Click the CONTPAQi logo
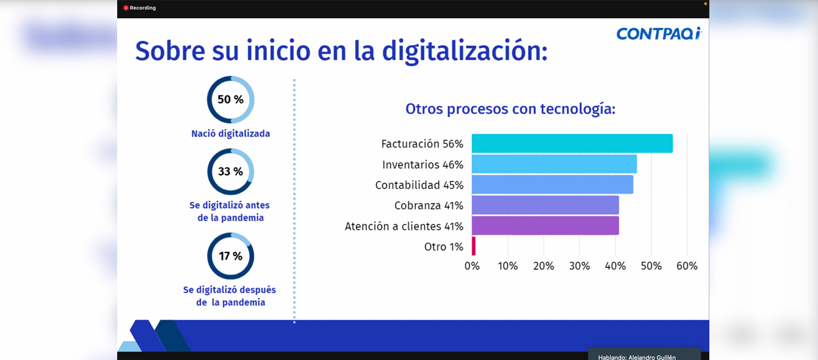pos(659,33)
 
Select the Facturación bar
pos(572,143)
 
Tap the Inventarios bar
pos(554,164)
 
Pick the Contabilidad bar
pos(552,185)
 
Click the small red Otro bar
pos(474,246)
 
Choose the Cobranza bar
pos(545,205)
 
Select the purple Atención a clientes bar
pos(545,226)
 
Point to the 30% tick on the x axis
pos(580,266)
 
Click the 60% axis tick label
pos(687,266)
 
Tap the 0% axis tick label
pos(472,266)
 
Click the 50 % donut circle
pos(209,99)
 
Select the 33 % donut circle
pos(209,171)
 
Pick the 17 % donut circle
pos(209,256)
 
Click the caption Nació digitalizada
pos(230,134)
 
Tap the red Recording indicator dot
pos(126,8)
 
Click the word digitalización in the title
pos(465,52)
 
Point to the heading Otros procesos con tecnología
pos(510,109)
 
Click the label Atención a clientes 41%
pos(404,226)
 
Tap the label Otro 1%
pos(444,247)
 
